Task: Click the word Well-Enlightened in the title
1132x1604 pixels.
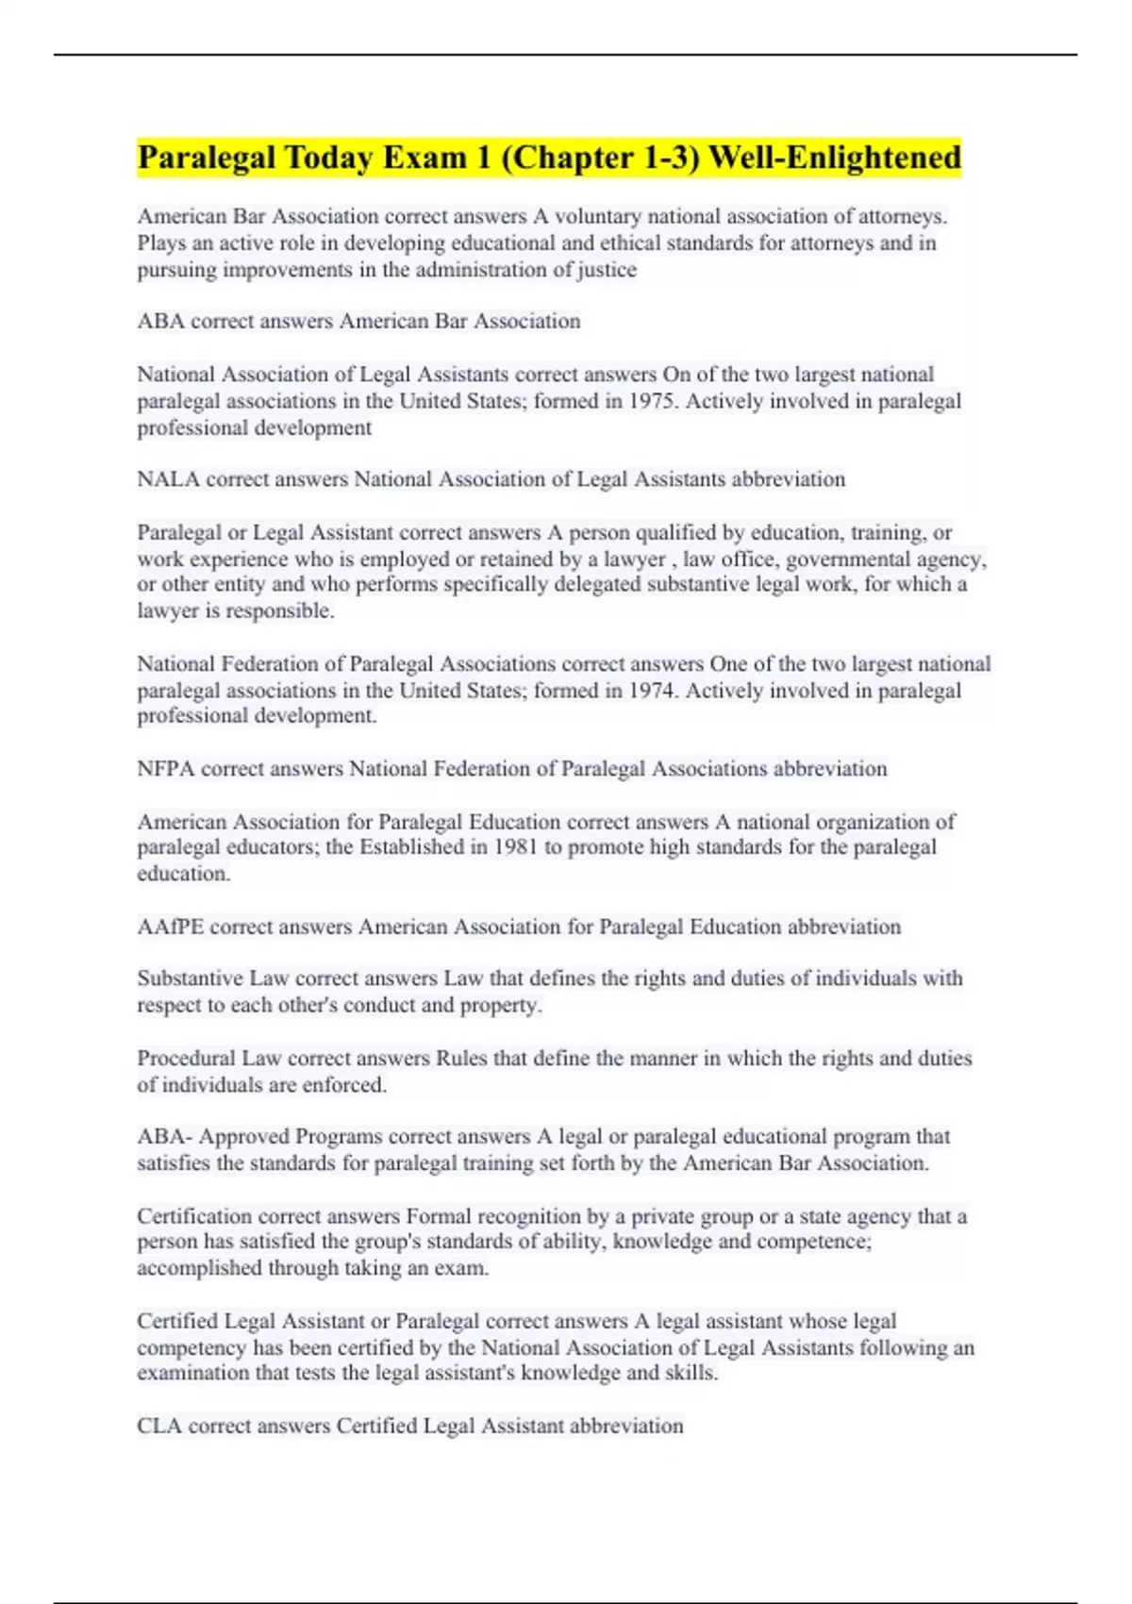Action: click(x=834, y=158)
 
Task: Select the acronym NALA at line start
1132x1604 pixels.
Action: click(x=168, y=479)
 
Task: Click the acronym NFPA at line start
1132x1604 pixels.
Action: click(x=165, y=769)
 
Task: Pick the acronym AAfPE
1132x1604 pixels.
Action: click(x=170, y=927)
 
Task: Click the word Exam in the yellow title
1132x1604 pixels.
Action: click(x=424, y=158)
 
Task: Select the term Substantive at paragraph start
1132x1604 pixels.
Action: click(x=190, y=978)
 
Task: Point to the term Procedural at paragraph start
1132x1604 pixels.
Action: click(x=186, y=1059)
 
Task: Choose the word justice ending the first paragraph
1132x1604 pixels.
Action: click(x=607, y=270)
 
